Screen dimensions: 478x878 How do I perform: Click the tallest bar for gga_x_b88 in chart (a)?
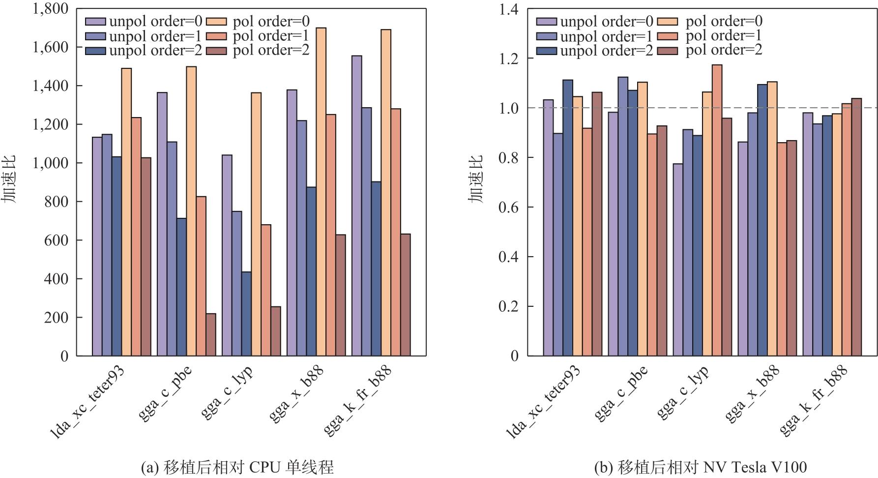321,192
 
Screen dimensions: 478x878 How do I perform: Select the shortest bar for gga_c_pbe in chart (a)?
211,334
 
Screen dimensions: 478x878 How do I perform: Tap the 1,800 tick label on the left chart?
51,9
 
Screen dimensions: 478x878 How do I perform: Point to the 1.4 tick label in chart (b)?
509,9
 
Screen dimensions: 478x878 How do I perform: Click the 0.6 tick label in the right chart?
509,207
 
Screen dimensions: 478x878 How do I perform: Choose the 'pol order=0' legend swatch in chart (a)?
216,22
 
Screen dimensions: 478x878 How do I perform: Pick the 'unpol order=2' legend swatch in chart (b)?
546,51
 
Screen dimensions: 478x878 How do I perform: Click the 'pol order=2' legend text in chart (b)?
724,50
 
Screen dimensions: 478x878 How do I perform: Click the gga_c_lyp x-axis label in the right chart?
683,392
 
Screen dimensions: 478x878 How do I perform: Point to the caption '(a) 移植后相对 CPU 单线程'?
237,467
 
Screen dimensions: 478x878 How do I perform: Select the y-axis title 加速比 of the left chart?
9,179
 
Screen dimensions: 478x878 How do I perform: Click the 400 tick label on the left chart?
58,279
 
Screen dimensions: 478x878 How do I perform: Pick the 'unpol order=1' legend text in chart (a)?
155,36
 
